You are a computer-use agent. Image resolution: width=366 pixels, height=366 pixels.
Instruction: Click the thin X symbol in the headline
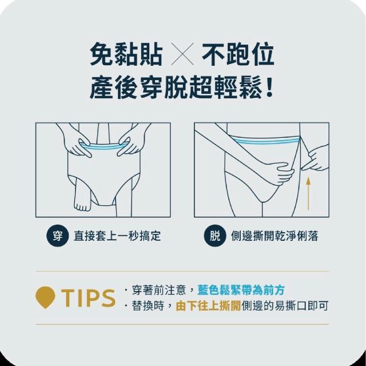click(x=182, y=54)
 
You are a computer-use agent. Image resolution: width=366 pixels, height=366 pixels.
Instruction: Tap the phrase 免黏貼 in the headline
click(x=126, y=54)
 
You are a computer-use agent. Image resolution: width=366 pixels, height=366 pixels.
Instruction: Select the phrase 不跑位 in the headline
click(x=238, y=54)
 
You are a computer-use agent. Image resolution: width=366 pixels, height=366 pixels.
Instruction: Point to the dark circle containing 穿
click(x=57, y=236)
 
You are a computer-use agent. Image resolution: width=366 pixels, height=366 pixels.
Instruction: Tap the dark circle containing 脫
click(x=215, y=236)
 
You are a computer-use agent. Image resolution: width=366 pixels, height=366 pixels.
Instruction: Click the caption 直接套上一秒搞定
click(x=117, y=236)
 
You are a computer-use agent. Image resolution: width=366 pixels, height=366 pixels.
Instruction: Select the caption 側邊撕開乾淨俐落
click(x=274, y=236)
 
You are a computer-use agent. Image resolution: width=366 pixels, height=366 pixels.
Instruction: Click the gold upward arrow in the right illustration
click(x=308, y=193)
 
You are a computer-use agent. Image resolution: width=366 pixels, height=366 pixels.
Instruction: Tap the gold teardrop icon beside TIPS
click(x=45, y=297)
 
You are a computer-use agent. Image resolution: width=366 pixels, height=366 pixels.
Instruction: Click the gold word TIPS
click(x=88, y=297)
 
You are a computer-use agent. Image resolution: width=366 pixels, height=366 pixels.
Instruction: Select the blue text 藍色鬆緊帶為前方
click(x=241, y=290)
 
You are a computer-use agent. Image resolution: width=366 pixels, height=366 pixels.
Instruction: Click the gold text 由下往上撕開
click(x=208, y=306)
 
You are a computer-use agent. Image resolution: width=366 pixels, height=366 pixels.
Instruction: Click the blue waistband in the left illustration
click(x=104, y=146)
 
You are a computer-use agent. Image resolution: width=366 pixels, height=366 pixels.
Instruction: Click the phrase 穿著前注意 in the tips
click(x=159, y=290)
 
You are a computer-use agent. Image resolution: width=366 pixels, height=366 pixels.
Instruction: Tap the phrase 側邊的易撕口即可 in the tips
click(x=285, y=306)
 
